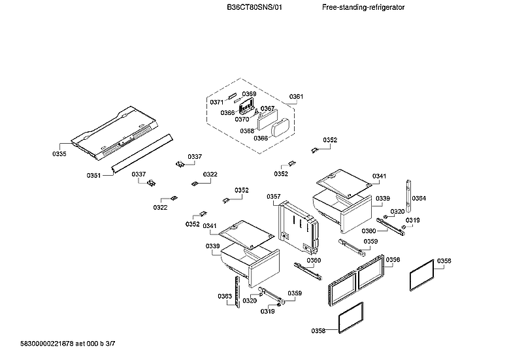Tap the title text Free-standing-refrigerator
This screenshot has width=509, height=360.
coord(363,7)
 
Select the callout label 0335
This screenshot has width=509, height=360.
coord(59,154)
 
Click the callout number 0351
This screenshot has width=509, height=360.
coord(93,175)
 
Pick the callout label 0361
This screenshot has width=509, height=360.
coord(296,97)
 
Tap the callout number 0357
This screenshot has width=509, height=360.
coord(273,197)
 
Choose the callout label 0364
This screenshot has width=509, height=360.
coord(419,198)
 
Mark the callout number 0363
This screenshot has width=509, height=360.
coord(225,296)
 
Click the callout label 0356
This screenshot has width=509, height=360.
coord(393,259)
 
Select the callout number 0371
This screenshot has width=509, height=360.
coord(216,103)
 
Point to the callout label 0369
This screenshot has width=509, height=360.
coord(249,94)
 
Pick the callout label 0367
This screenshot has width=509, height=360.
coord(267,108)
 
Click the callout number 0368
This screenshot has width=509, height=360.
coord(247,131)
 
